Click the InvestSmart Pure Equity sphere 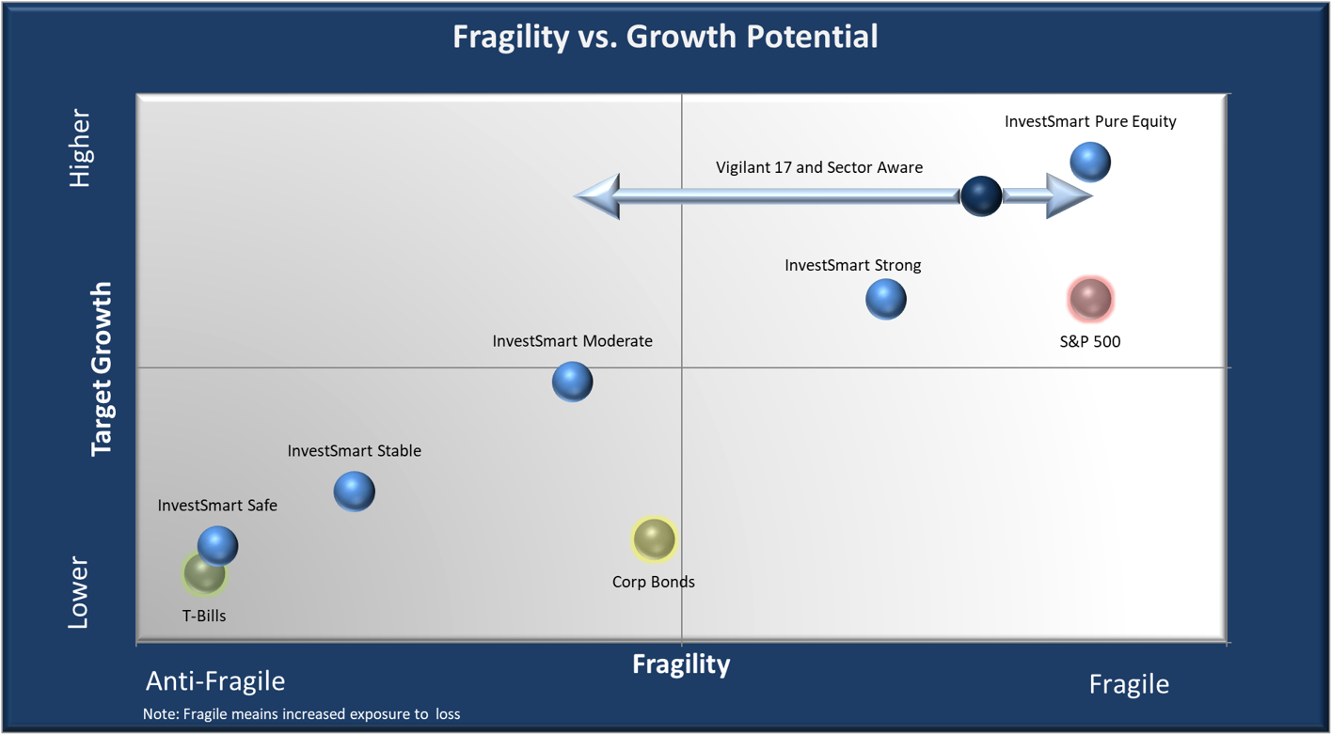(x=1090, y=162)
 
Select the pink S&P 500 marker (x=1090, y=299)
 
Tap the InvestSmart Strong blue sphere (x=885, y=300)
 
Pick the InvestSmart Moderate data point (x=572, y=382)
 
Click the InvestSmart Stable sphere (x=355, y=492)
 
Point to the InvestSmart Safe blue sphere (x=218, y=545)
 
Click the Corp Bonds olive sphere (x=654, y=539)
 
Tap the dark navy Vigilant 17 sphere (x=981, y=196)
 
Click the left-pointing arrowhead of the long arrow (x=598, y=196)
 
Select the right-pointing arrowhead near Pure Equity (x=1069, y=196)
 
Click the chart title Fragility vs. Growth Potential (x=665, y=37)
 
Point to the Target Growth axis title (x=102, y=368)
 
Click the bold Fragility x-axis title (x=681, y=664)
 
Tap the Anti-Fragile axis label (x=215, y=680)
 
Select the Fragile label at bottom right (x=1129, y=683)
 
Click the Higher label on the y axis (x=80, y=148)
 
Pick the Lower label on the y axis (x=78, y=592)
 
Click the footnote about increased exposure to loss (x=301, y=714)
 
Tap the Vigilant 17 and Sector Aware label (x=819, y=167)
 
